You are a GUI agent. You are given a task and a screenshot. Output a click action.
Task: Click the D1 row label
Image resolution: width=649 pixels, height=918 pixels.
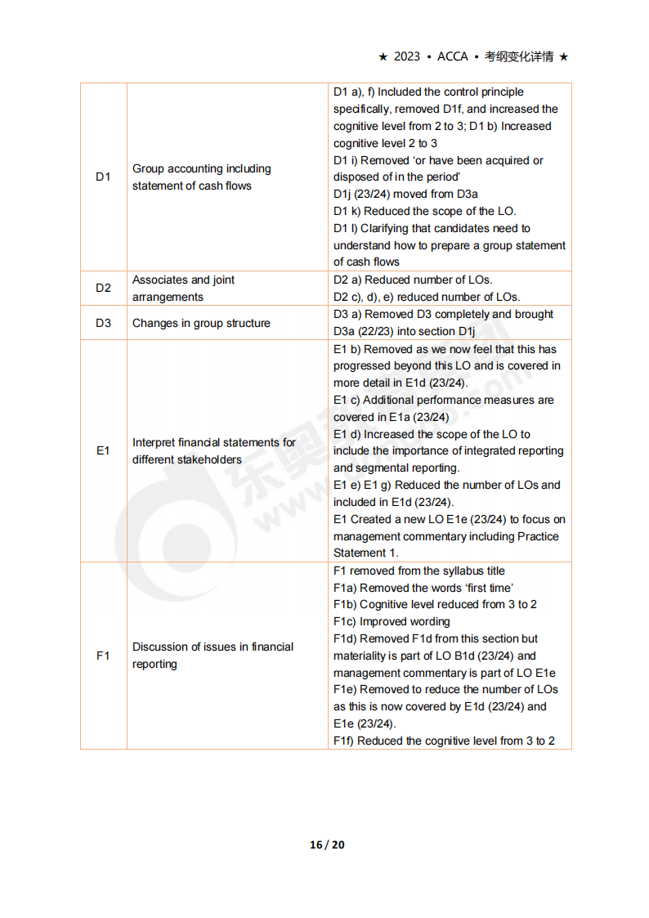coord(103,177)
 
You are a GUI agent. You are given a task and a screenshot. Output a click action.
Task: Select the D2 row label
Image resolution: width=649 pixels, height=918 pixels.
coord(103,288)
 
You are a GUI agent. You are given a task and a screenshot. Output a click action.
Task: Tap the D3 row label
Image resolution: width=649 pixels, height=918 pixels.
coord(103,323)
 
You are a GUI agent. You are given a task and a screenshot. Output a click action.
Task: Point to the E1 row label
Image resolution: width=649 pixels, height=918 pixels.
coord(103,450)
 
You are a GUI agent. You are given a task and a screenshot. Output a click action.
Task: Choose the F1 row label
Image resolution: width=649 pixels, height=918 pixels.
coord(103,656)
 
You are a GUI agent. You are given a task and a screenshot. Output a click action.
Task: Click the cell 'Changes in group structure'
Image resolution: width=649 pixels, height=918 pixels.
coord(201,323)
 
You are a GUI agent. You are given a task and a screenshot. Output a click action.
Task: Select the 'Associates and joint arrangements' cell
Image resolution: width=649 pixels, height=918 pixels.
coord(184,288)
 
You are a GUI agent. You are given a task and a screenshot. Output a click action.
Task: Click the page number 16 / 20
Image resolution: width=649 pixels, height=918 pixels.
coord(327,844)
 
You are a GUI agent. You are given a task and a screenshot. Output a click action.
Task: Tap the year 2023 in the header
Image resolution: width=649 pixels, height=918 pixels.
coord(407,56)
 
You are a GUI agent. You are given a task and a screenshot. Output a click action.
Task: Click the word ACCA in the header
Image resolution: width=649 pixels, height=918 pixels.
coord(453,56)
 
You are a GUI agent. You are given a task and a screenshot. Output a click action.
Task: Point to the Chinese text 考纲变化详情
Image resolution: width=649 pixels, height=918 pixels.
coord(519,56)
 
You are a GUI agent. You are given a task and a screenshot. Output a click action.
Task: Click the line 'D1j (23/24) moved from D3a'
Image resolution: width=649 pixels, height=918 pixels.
coord(405,194)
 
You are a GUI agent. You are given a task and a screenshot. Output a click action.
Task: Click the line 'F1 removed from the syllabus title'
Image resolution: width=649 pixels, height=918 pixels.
coord(419,571)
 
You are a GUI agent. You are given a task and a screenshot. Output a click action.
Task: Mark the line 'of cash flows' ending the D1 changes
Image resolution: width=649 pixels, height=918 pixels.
coord(366,262)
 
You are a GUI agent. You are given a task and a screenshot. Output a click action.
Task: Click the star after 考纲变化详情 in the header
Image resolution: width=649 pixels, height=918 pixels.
coord(564,56)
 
